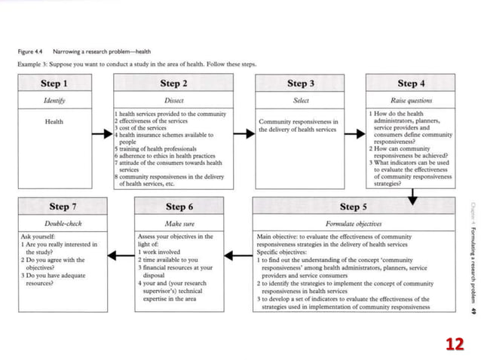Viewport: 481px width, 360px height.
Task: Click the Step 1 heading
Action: point(54,84)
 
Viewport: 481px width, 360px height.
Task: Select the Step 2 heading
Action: point(174,84)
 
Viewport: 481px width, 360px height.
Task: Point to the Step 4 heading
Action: point(411,84)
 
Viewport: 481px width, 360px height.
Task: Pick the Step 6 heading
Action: point(179,206)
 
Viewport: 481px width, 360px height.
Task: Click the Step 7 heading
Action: point(63,206)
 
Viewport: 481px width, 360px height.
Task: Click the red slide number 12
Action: point(454,343)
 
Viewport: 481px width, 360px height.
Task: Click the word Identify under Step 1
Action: point(54,100)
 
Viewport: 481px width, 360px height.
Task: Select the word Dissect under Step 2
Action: point(174,100)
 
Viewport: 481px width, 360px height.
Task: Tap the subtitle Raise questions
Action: point(411,100)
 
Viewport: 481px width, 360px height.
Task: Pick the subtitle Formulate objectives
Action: point(354,224)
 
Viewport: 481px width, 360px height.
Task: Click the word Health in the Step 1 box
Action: point(54,121)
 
